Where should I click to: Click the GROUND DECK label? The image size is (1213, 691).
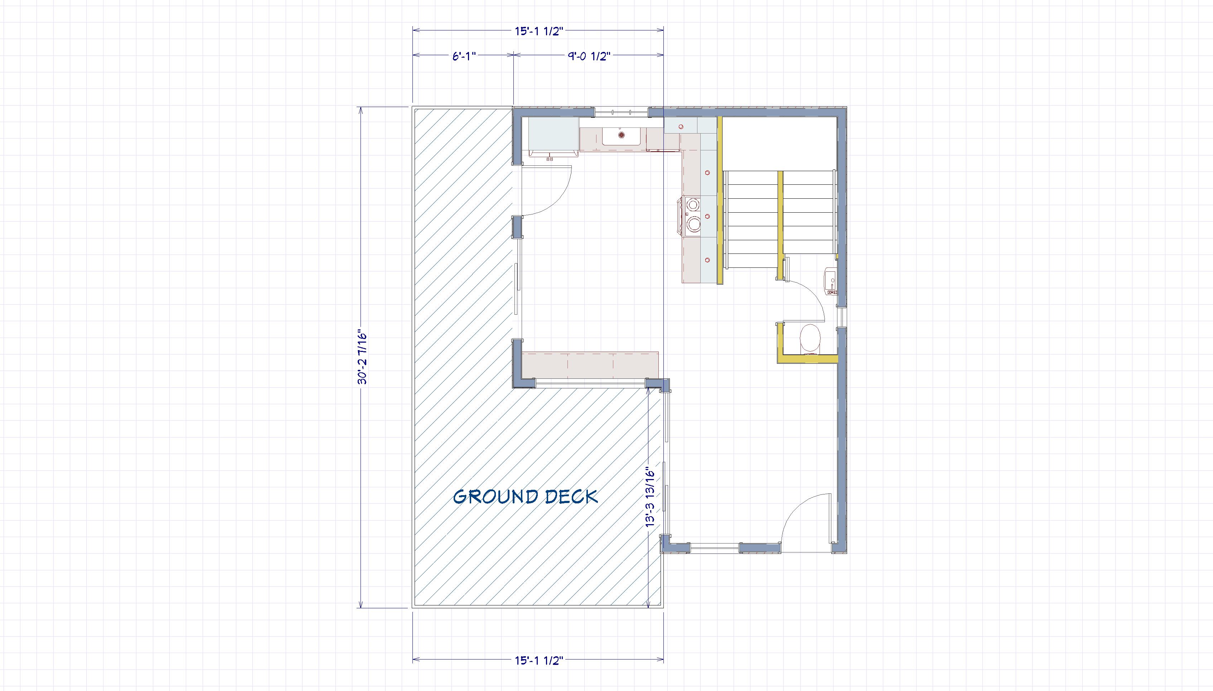[x=525, y=497]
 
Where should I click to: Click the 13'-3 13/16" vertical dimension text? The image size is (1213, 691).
[x=650, y=497]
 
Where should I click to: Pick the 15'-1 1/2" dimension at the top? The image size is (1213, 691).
[x=538, y=31]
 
